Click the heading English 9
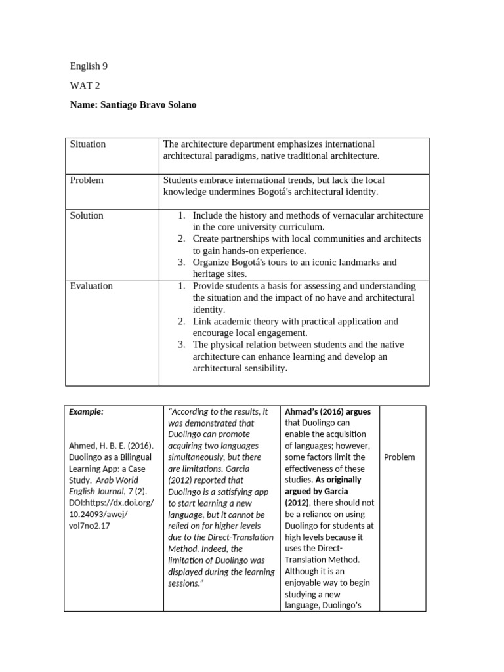[x=85, y=66]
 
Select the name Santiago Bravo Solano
[x=133, y=105]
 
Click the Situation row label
[x=88, y=144]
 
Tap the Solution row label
[x=87, y=215]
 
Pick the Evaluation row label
[x=91, y=286]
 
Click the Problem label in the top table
[x=87, y=180]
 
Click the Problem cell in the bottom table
[x=399, y=457]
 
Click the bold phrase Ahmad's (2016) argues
[x=327, y=412]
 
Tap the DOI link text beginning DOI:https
[x=110, y=503]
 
